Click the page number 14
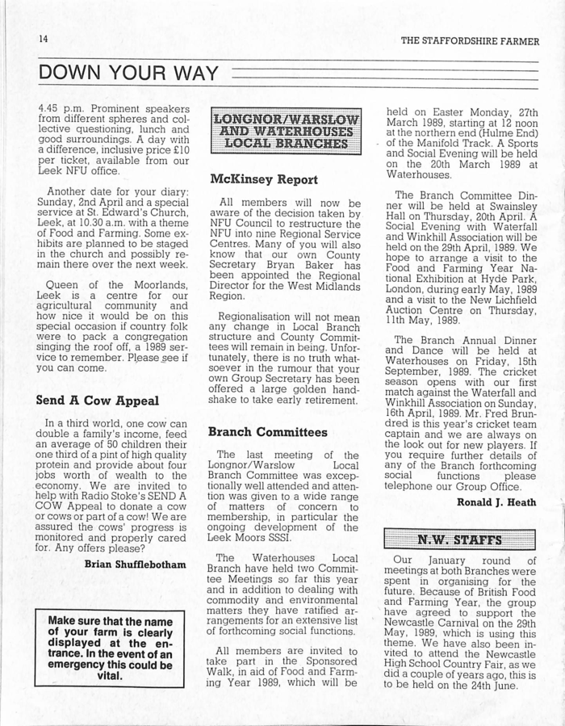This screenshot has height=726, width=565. click(44, 39)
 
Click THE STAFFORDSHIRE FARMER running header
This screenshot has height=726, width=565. click(469, 40)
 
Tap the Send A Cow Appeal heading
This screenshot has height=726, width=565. click(97, 400)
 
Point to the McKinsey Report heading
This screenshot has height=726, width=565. click(263, 179)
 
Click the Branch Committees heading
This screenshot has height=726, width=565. click(267, 432)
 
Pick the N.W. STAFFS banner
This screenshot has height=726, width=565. click(459, 539)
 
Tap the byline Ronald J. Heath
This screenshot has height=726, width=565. click(496, 501)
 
